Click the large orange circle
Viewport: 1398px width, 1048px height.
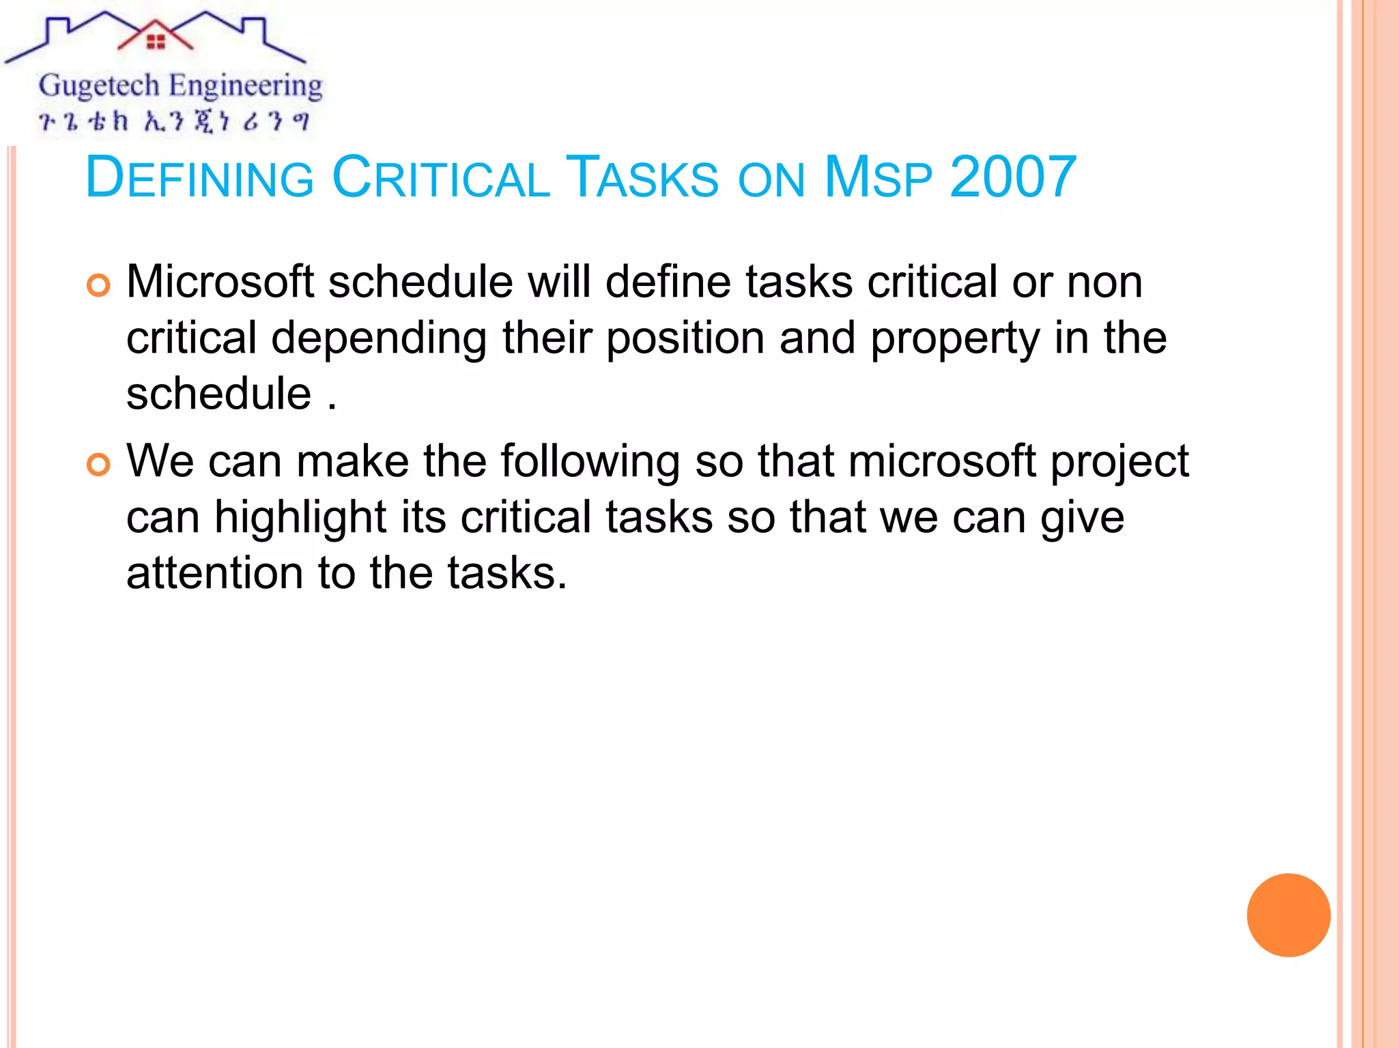[x=1288, y=915]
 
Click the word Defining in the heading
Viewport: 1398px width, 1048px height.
[x=199, y=177]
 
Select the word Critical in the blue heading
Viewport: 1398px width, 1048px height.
[x=440, y=177]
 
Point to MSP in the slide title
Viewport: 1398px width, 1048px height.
[x=878, y=177]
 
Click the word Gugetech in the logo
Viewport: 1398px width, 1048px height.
[x=99, y=86]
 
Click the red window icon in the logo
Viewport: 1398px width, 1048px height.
[x=156, y=42]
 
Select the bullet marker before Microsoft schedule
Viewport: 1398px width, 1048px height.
[x=98, y=285]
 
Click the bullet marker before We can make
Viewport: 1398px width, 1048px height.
[x=98, y=465]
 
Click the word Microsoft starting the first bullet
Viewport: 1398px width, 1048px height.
[x=220, y=282]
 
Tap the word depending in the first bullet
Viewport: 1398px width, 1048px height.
[x=379, y=338]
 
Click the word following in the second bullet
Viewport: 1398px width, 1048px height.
[x=590, y=462]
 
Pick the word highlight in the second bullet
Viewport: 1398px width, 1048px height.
[x=300, y=518]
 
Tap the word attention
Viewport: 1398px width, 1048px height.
[x=214, y=573]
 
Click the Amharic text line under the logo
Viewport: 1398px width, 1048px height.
[x=174, y=121]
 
